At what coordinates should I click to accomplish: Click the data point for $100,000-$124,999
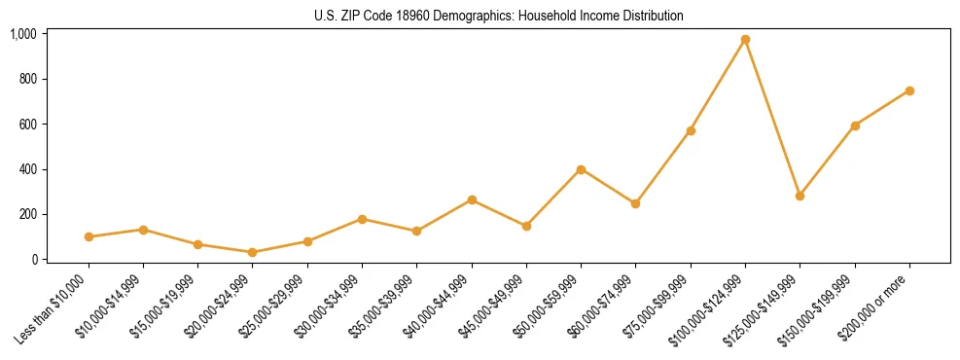point(745,40)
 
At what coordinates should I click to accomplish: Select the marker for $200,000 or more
point(909,90)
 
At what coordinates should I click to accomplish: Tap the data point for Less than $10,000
point(89,236)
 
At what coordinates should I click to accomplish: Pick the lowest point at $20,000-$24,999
point(253,252)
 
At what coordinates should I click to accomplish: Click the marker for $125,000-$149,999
point(800,196)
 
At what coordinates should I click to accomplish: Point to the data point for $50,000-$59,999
point(581,169)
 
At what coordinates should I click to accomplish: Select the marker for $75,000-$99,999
point(691,130)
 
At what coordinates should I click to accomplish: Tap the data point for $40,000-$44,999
point(472,199)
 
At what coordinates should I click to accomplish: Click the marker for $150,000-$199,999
point(855,126)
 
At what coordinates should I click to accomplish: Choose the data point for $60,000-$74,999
point(635,203)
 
